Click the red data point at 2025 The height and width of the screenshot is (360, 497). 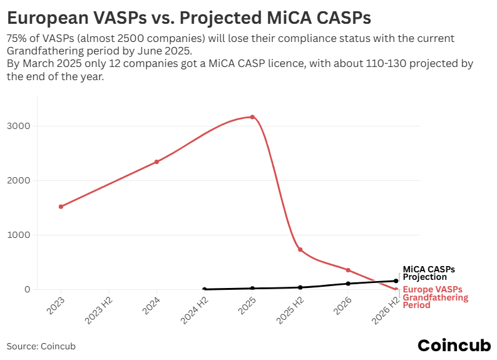click(x=252, y=117)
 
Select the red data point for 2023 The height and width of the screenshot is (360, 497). click(x=61, y=207)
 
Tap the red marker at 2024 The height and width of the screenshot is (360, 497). click(x=156, y=162)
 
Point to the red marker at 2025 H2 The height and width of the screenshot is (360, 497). click(x=300, y=250)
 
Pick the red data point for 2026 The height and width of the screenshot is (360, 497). click(x=348, y=270)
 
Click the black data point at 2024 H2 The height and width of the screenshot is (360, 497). click(x=205, y=289)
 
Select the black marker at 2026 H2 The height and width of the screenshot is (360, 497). click(x=396, y=281)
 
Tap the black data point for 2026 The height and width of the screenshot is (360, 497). click(x=348, y=284)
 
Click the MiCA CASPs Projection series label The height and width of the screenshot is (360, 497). click(x=429, y=273)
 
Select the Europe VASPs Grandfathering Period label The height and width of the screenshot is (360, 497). click(x=435, y=297)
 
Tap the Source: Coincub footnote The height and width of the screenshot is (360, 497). click(x=41, y=346)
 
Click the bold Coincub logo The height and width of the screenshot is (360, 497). click(x=454, y=345)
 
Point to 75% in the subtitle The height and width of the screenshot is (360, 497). click(x=17, y=39)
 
